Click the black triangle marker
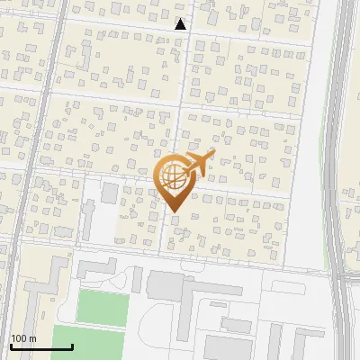[181, 24]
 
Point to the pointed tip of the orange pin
[174, 211]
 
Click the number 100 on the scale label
[19, 338]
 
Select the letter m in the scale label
[32, 338]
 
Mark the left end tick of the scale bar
[11, 346]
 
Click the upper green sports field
[102, 306]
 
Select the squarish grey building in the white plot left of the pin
[110, 193]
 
